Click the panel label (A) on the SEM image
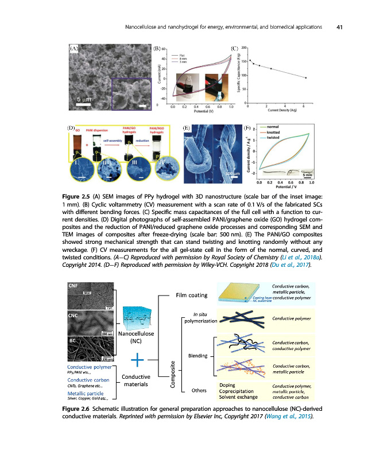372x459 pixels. (x=74, y=49)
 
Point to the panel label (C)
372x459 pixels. (x=234, y=49)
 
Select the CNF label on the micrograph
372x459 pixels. (x=73, y=286)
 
